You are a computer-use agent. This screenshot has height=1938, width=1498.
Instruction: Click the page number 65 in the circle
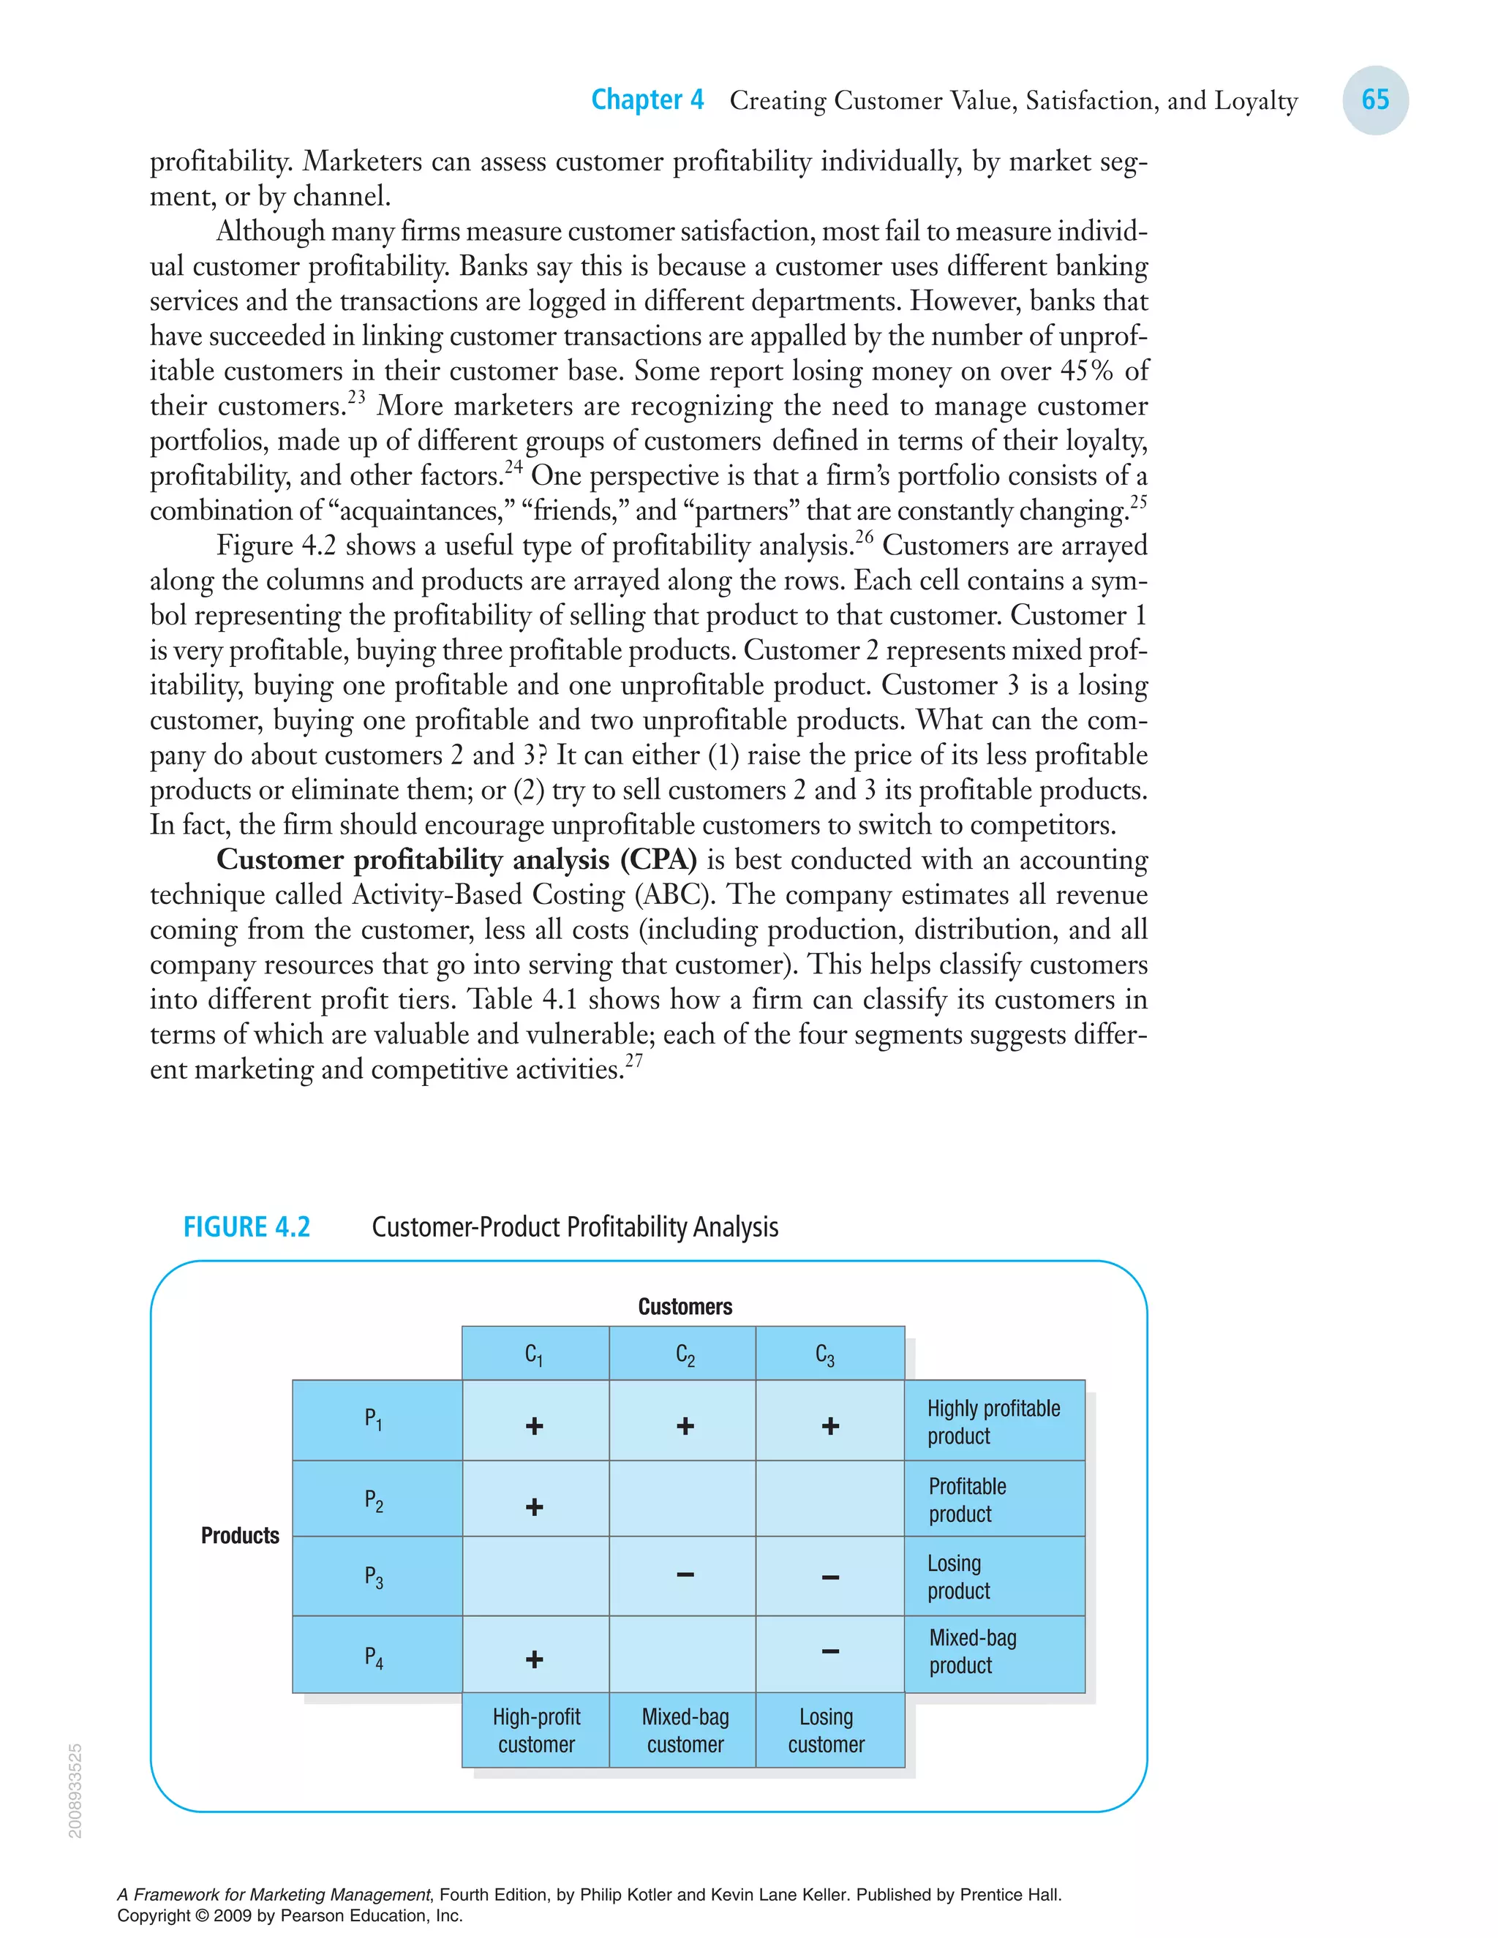[x=1374, y=99]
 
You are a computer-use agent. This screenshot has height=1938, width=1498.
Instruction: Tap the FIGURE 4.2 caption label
[x=246, y=1226]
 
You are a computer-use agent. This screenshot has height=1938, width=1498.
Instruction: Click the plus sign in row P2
[x=534, y=1507]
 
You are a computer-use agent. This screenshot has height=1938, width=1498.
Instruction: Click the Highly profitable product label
[x=993, y=1422]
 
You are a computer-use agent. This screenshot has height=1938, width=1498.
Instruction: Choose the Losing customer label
[x=827, y=1730]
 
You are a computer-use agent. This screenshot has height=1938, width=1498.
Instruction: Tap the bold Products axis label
[x=240, y=1535]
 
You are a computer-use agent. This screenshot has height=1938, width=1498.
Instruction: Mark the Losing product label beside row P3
[x=958, y=1577]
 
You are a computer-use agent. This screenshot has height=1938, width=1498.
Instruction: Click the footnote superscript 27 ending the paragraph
[x=633, y=1060]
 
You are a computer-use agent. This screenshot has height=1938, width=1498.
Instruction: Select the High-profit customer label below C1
[x=536, y=1730]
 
